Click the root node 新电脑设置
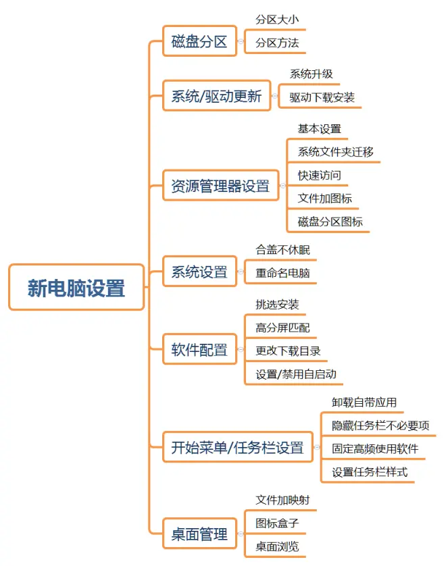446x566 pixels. point(76,287)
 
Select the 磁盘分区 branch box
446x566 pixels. point(200,41)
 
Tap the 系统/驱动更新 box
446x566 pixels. point(217,96)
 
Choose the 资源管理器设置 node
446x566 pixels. point(221,186)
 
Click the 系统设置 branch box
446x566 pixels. point(200,272)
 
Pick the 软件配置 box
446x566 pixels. point(200,349)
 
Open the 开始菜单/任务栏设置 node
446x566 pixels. point(238,447)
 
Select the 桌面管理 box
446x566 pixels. point(200,534)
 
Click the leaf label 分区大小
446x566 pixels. point(277,20)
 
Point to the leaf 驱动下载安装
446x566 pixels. point(322,97)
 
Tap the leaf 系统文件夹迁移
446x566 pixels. point(335,151)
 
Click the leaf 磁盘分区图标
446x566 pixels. point(330,222)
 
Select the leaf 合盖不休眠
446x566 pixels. point(282,250)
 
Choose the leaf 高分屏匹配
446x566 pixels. point(282,328)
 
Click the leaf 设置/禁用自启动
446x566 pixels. point(296,374)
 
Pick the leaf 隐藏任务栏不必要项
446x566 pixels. point(380,426)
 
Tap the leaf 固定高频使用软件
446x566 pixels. point(375,448)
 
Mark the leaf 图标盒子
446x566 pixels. point(277,523)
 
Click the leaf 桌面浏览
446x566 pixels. point(277,546)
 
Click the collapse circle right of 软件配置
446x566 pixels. point(241,349)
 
